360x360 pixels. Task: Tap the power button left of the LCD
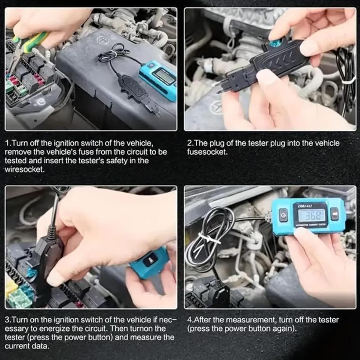(283, 215)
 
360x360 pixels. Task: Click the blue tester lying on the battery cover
(157, 79)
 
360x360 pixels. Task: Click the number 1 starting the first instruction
(8, 143)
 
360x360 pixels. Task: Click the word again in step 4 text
(284, 328)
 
